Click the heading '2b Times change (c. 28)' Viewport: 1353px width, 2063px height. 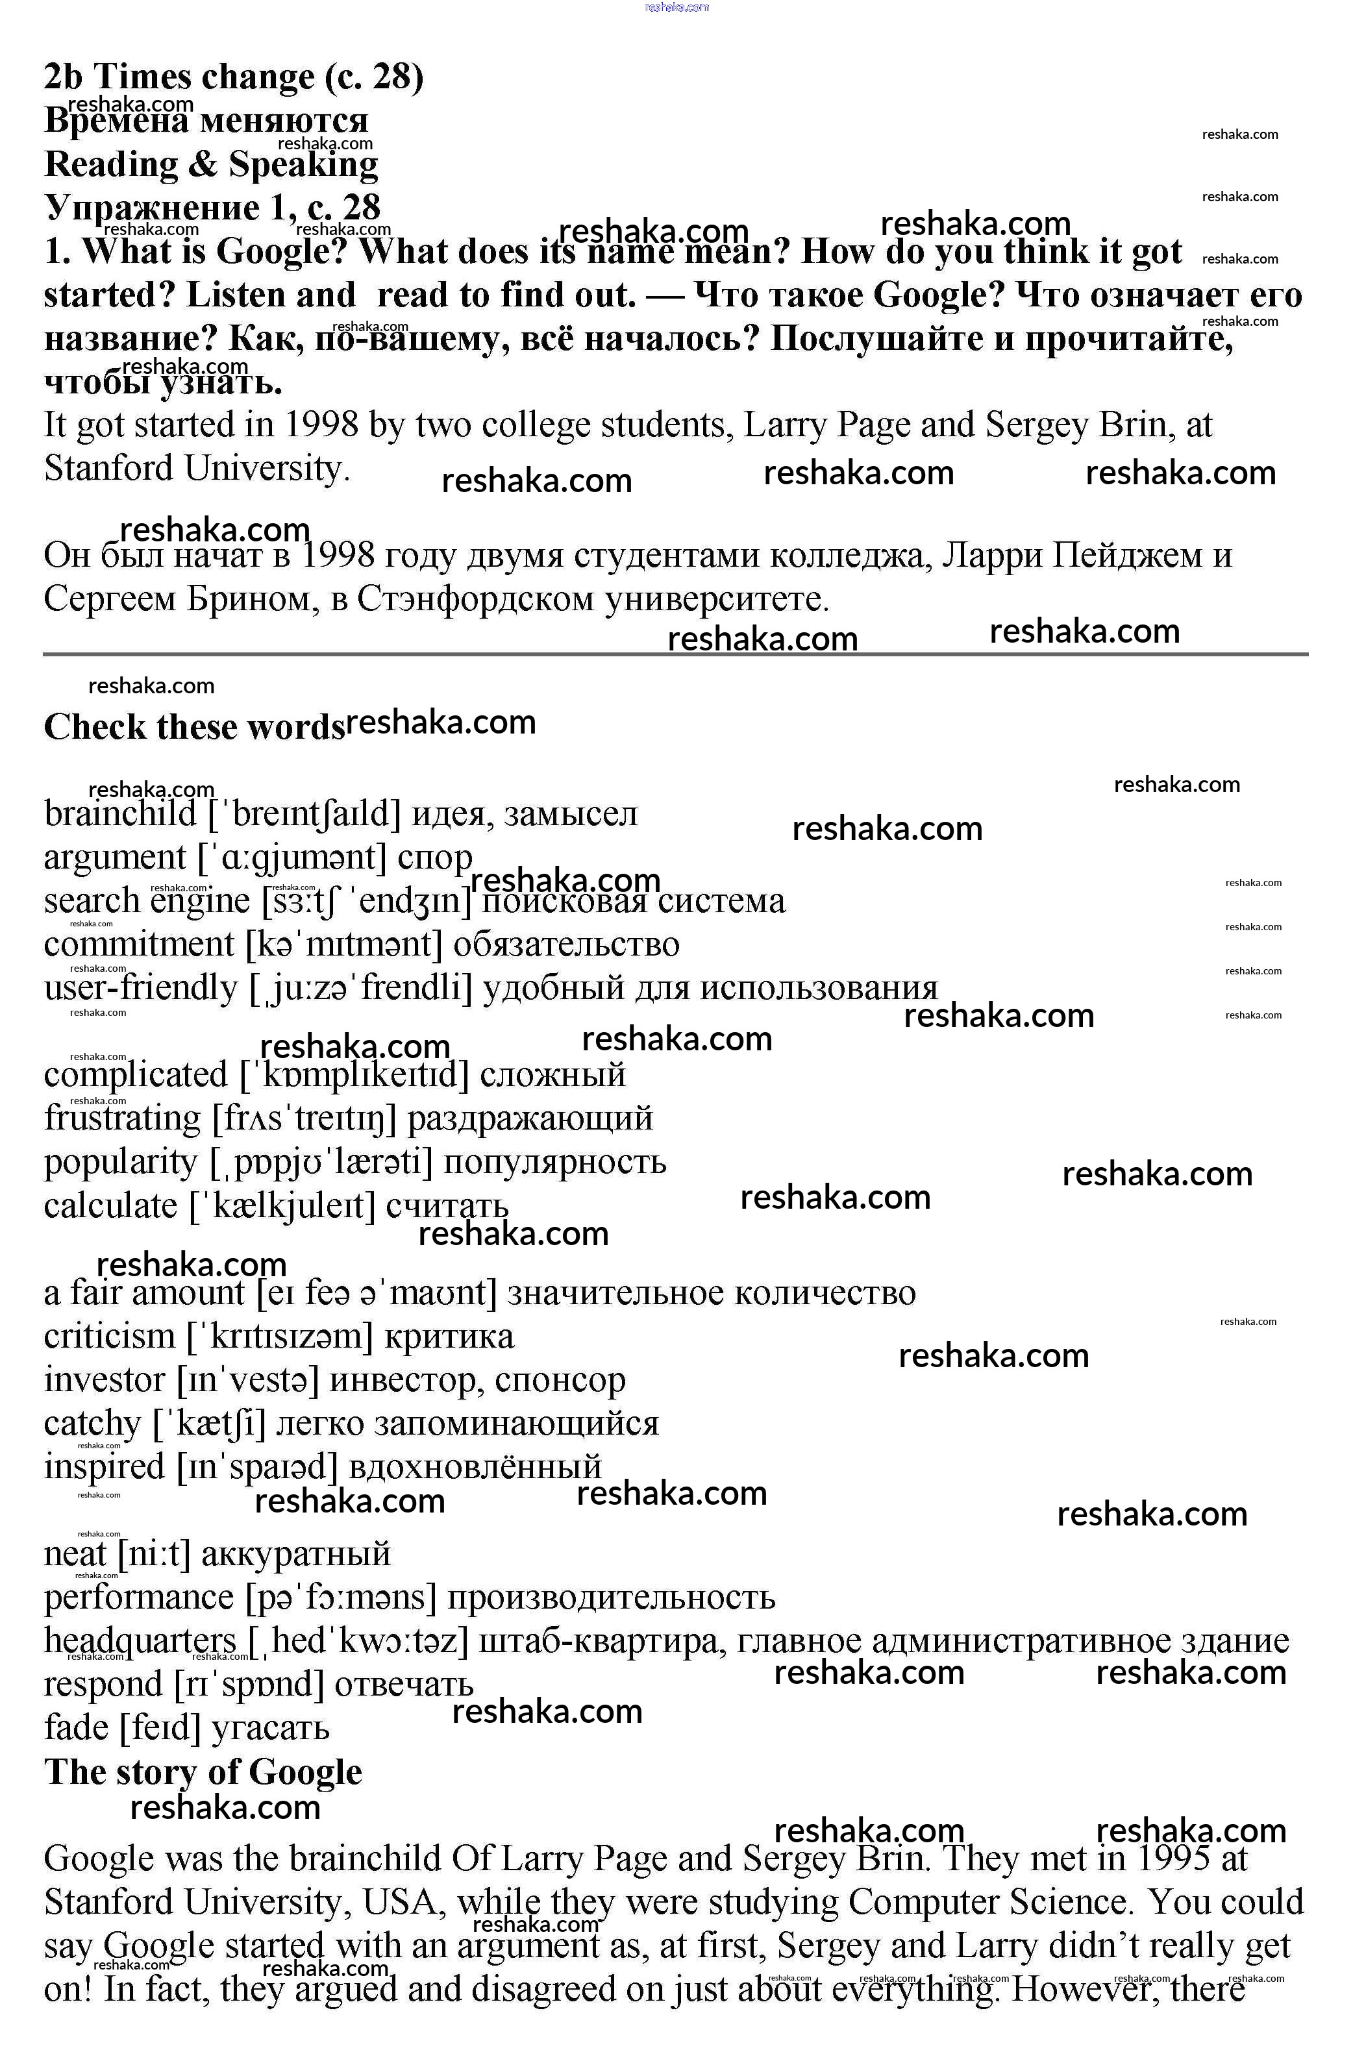233,77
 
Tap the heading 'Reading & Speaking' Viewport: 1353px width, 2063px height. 210,164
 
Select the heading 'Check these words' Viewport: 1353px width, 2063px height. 194,727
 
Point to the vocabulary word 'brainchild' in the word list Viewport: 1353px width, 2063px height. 121,814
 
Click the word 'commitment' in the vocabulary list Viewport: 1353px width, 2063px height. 139,944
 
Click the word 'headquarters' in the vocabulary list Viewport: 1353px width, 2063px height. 140,1640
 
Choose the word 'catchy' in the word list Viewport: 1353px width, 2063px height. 92,1424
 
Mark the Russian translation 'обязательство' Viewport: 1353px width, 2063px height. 566,944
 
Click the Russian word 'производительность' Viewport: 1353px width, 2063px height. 610,1597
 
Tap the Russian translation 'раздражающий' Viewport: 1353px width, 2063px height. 530,1118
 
